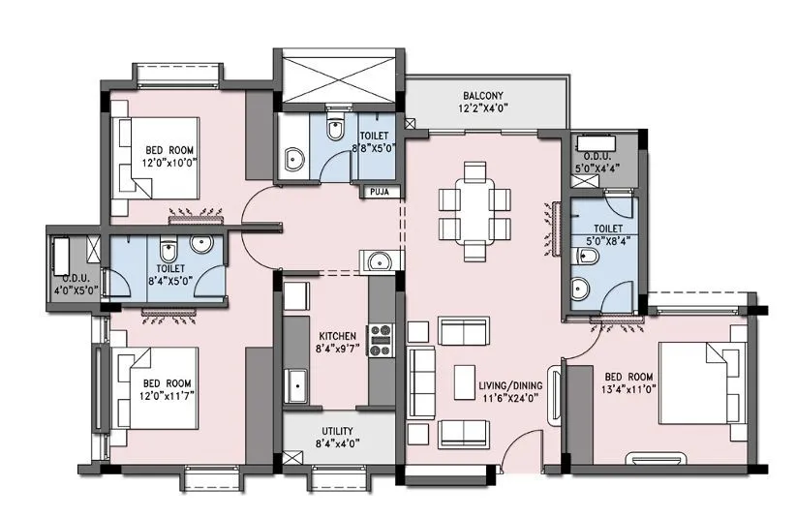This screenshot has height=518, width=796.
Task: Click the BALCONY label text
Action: click(x=480, y=95)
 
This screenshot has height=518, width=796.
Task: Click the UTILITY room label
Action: click(x=337, y=431)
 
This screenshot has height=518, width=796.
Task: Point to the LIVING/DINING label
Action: click(x=510, y=385)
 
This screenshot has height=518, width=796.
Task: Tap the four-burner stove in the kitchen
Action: click(x=379, y=341)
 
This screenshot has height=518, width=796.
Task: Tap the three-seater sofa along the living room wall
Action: click(x=421, y=381)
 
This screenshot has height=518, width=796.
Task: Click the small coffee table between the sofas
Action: click(x=464, y=380)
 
